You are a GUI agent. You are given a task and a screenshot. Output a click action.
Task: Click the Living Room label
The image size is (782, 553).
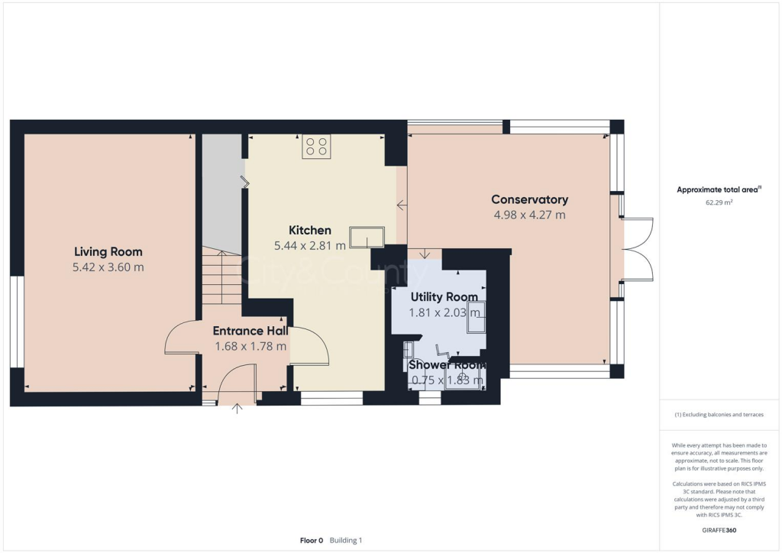108,251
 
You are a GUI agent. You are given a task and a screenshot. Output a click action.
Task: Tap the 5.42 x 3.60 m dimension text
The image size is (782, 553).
108,267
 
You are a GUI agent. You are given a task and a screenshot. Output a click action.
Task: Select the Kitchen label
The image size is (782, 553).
309,230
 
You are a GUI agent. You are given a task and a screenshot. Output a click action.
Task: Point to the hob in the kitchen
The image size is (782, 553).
316,146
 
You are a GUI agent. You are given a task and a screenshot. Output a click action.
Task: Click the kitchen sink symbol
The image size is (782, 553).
367,238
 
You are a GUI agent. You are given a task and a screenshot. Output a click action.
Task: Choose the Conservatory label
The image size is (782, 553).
529,199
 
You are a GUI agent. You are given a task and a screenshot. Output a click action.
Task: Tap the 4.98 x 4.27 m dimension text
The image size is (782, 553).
529,215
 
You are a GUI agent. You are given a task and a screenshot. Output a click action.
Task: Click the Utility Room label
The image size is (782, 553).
444,296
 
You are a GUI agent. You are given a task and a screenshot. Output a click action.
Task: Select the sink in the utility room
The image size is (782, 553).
476,318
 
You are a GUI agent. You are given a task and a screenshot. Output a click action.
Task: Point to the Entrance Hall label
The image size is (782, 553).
250,331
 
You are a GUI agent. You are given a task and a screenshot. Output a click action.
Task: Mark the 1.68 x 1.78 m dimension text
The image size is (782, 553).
250,346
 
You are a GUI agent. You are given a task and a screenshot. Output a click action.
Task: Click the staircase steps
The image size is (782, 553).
221,279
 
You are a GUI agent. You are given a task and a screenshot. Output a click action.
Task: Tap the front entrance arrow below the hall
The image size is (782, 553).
238,408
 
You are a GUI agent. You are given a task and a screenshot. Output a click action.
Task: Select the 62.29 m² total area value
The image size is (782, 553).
718,203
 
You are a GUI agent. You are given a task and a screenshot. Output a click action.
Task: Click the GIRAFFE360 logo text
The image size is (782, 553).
718,530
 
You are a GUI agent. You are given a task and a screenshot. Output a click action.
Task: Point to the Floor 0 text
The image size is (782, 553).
312,540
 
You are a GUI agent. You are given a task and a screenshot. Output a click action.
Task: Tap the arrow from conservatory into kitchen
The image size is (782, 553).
402,204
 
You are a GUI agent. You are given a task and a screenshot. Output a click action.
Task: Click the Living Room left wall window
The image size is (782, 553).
17,321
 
